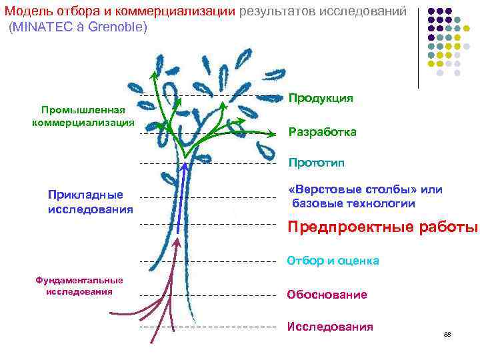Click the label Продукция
tap(321, 99)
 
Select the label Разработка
tap(323, 132)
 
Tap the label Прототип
tap(317, 162)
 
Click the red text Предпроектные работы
tap(383, 227)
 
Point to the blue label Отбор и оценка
tap(333, 261)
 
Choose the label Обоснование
tap(327, 294)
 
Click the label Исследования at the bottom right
tap(330, 326)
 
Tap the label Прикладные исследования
tap(91, 202)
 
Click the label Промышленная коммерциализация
tap(83, 116)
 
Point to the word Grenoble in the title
tap(117, 29)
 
